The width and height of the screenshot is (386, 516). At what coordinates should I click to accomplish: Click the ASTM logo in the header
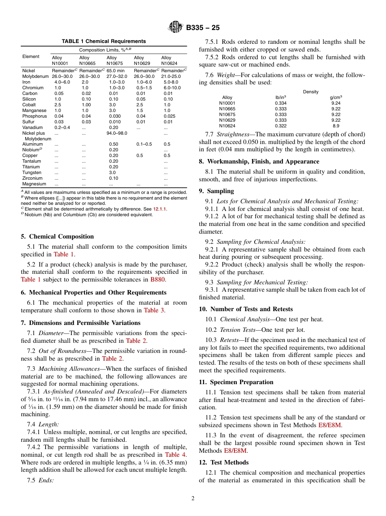[x=176, y=28]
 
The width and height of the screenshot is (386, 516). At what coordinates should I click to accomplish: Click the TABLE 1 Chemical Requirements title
[x=104, y=41]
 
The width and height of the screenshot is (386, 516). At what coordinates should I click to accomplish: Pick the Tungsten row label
[x=32, y=172]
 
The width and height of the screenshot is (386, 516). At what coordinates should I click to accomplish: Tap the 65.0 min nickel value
[x=115, y=71]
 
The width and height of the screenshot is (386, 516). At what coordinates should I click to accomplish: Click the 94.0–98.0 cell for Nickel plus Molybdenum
[x=117, y=133]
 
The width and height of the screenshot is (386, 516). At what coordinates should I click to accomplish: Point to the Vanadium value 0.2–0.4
[x=62, y=127]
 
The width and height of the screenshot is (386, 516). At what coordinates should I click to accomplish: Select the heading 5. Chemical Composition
[x=57, y=236]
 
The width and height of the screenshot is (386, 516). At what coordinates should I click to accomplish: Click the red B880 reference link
[x=158, y=279]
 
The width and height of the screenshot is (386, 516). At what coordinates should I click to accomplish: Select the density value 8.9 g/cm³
[x=336, y=126]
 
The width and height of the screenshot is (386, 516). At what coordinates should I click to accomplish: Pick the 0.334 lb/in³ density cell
[x=280, y=103]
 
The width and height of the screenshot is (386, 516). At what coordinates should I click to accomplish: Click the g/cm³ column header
[x=336, y=97]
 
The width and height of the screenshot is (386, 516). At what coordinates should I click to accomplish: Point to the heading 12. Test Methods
[x=223, y=462]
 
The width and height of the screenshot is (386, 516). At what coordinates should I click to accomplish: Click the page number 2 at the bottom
[x=193, y=499]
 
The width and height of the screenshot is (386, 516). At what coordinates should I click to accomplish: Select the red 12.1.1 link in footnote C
[x=160, y=209]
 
